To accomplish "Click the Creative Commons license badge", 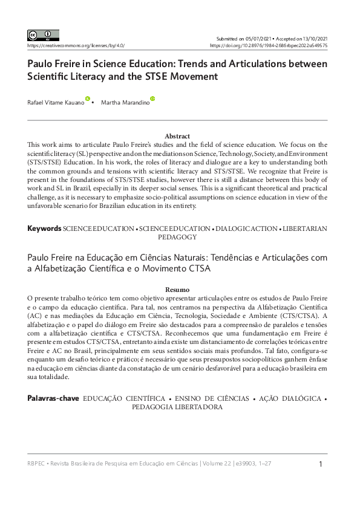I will point(43,35).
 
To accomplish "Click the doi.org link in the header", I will point(269,45).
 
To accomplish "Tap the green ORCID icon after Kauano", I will point(88,99).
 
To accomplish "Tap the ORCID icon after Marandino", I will point(152,99).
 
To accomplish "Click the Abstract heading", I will point(177,136).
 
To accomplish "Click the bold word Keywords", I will point(44,229).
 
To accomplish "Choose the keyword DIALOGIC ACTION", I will point(247,229).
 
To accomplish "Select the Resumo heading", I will point(177,290).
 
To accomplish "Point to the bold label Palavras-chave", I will point(52,399).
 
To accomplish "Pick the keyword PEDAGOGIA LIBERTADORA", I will point(177,407).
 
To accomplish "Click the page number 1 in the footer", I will point(321,464).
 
